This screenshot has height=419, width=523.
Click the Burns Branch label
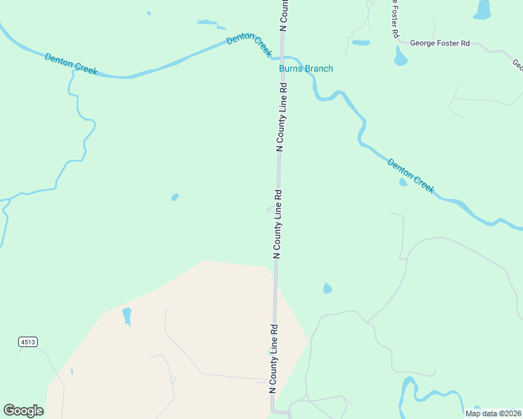(306, 68)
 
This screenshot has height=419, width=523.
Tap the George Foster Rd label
(440, 43)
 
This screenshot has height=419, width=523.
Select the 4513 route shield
(28, 341)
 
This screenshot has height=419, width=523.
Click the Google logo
(24, 411)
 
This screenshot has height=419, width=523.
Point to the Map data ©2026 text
(492, 413)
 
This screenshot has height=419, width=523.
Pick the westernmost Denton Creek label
(71, 64)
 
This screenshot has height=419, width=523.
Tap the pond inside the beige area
(127, 316)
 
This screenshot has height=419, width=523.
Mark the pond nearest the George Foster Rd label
(401, 57)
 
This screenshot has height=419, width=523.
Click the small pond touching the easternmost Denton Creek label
(403, 182)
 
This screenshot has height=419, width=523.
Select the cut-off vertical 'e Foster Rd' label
(395, 19)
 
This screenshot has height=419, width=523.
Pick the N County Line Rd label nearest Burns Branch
(282, 117)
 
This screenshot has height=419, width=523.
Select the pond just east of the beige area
(327, 288)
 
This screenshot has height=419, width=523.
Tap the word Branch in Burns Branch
(318, 68)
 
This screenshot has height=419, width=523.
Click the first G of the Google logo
(9, 411)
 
